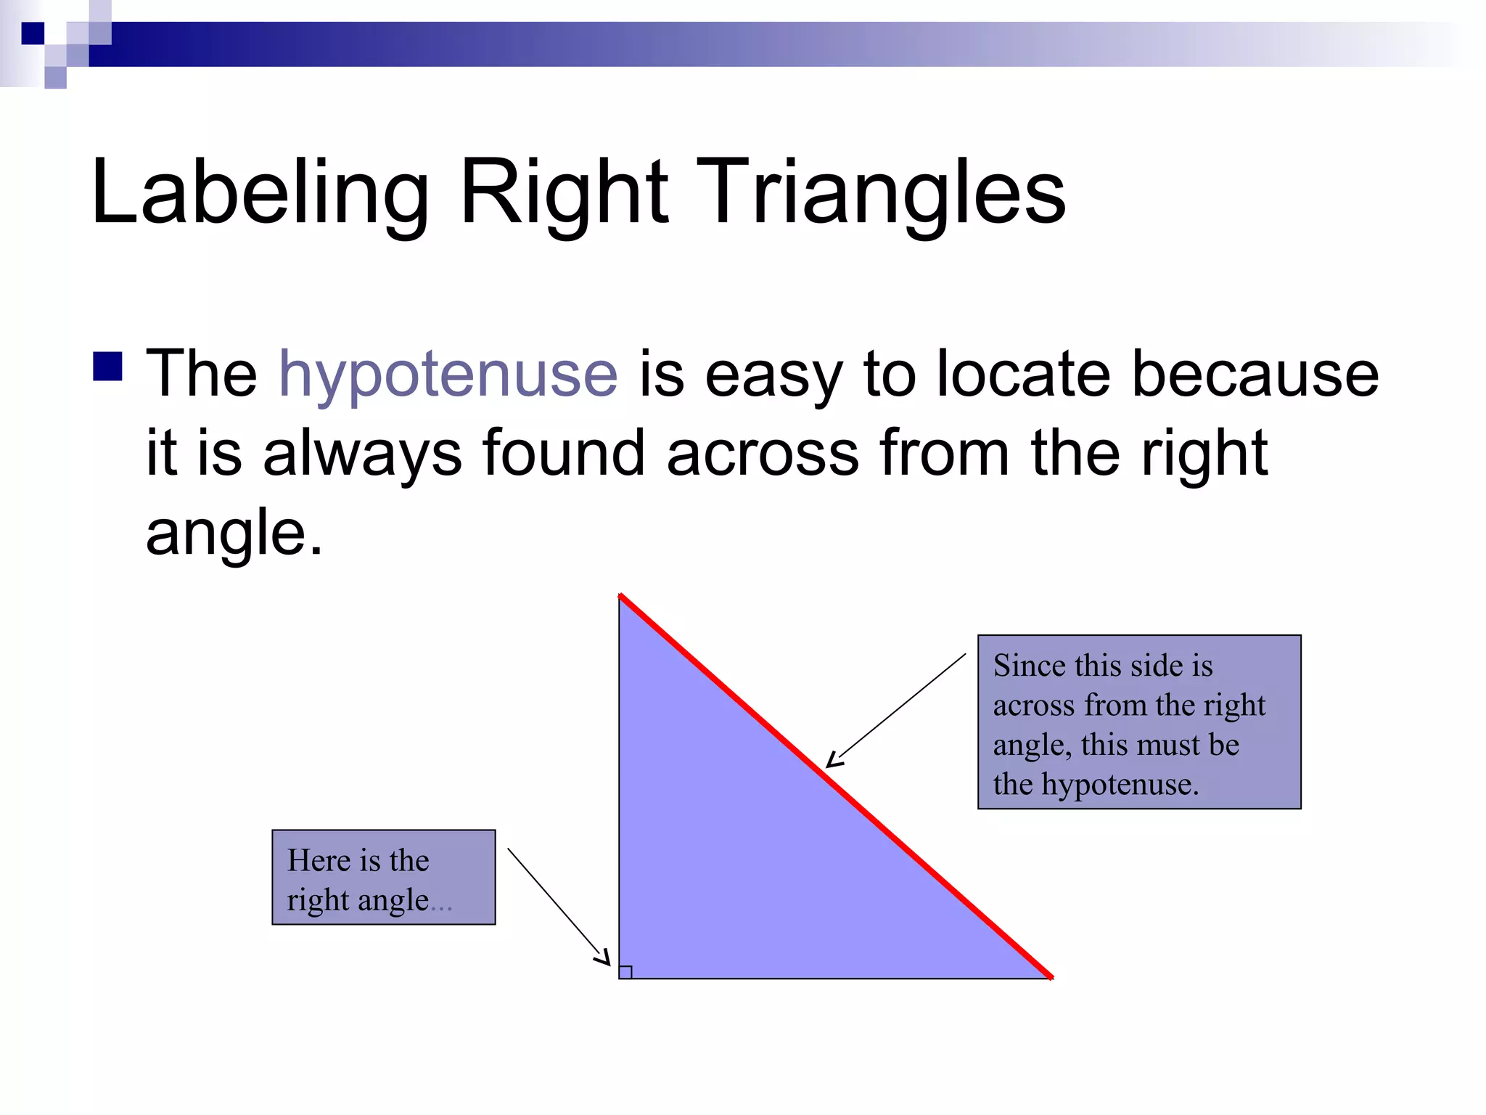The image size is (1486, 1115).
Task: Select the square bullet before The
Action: tap(107, 367)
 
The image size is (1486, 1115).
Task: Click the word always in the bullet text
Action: tap(361, 454)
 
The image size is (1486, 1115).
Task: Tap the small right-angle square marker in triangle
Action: tap(625, 972)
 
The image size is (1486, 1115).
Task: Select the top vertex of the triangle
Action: tap(620, 596)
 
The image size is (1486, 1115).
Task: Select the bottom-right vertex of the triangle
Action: tap(1051, 978)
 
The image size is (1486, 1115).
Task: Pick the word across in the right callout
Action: tap(1033, 706)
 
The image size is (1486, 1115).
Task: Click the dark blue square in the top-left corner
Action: tap(33, 33)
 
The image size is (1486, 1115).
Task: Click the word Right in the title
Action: tap(564, 193)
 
